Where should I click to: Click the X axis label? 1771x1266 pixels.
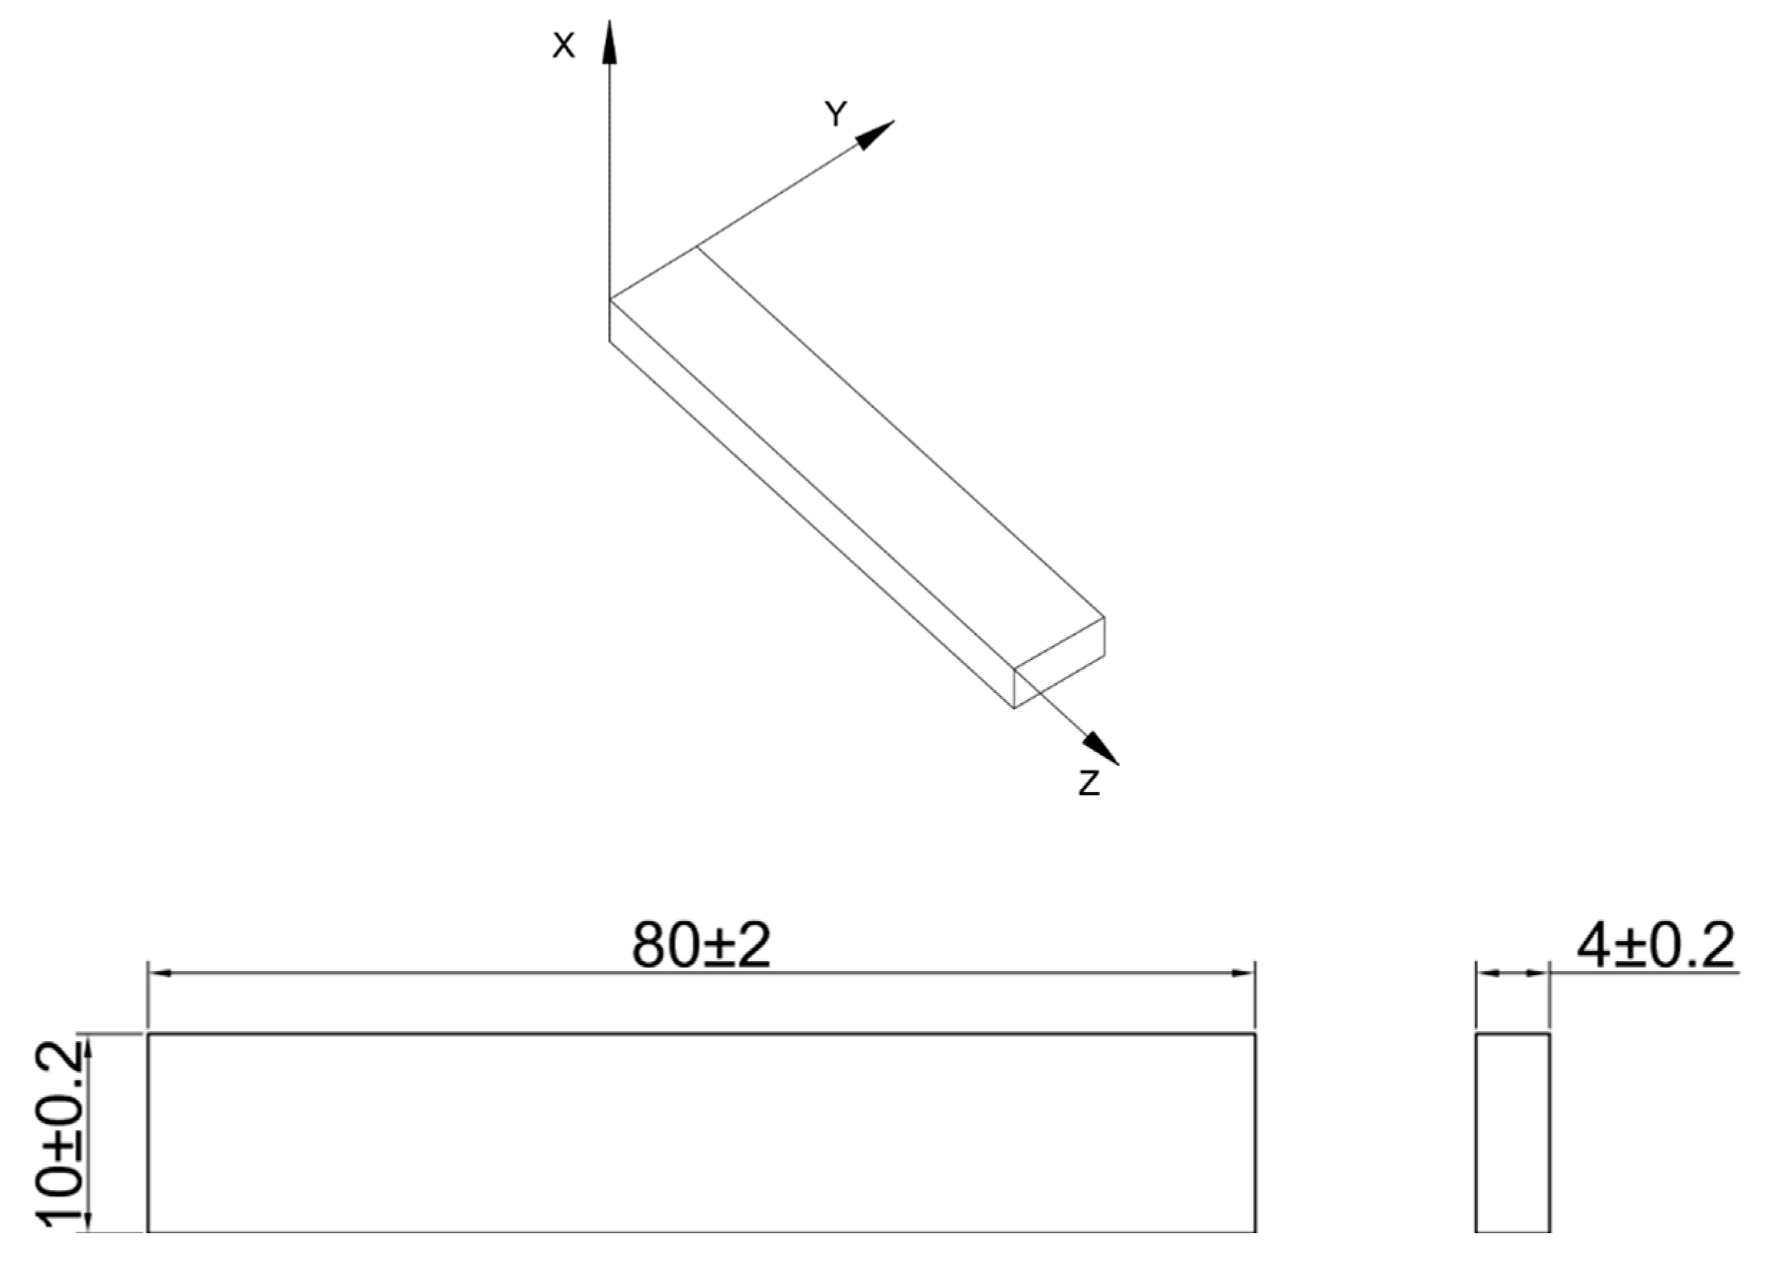563,47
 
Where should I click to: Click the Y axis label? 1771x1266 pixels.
836,115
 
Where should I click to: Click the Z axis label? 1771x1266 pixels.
1089,783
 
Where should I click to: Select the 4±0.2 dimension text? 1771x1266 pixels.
1656,946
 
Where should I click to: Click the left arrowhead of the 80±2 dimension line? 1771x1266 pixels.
160,973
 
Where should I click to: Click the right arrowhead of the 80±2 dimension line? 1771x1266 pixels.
1242,973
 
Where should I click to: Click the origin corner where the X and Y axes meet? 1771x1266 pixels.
610,299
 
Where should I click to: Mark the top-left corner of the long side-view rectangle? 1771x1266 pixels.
148,1035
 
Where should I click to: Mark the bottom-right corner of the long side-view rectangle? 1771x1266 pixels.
1255,1252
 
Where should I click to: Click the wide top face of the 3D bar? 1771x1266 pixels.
857,460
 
